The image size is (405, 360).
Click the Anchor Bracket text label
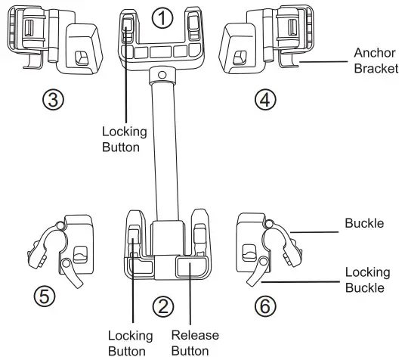[x=374, y=62]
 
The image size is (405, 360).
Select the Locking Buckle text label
[x=366, y=279]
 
